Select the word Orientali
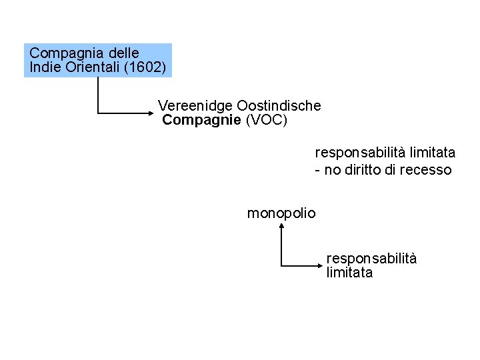88,67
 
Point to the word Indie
45,67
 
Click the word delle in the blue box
123,53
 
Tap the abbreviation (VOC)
267,120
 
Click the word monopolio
281,213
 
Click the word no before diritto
332,170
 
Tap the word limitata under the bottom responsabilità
349,273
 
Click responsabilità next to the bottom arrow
371,259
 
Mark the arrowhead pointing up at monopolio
282,227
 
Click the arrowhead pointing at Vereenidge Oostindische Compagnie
151,114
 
